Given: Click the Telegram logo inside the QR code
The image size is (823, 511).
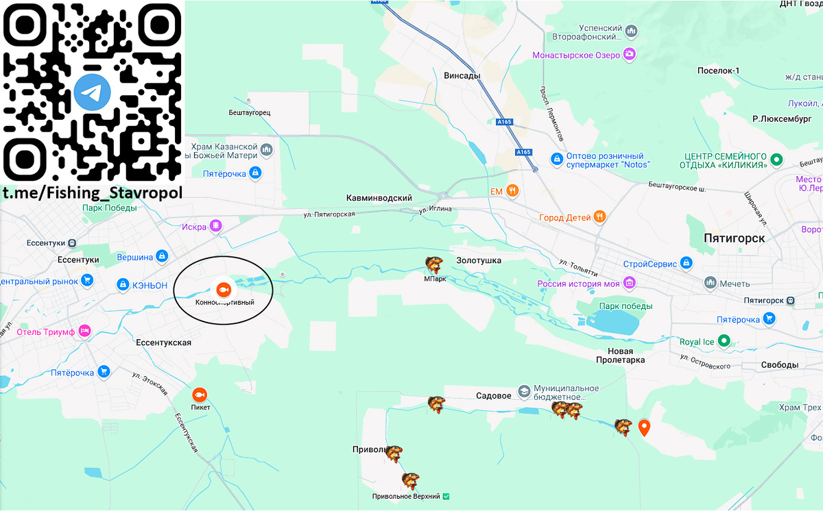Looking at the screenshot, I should point(93,92).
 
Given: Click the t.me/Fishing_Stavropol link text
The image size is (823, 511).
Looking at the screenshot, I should point(92,194).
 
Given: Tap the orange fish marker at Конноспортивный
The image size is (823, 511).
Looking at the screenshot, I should point(223,289).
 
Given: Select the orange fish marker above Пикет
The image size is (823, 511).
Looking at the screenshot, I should point(200,395).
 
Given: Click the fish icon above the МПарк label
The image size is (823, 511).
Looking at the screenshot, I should point(434,264).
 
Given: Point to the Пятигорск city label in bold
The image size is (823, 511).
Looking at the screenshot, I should point(734,238).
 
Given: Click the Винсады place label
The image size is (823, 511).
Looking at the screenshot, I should point(462,75).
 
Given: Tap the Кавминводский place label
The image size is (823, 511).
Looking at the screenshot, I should point(379,198).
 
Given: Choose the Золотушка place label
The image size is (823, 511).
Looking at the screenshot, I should point(479,260).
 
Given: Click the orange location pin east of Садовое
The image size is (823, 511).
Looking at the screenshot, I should point(644,428).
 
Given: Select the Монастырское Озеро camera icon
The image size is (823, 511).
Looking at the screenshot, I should point(629,55).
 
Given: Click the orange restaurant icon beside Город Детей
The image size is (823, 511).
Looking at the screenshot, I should point(600,217).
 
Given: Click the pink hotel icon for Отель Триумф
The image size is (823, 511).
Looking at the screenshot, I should point(84,331).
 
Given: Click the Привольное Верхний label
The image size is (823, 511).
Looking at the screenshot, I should point(406,496).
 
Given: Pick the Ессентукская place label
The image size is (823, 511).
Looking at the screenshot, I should point(163,342).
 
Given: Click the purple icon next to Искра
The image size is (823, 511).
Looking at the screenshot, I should point(215,226).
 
